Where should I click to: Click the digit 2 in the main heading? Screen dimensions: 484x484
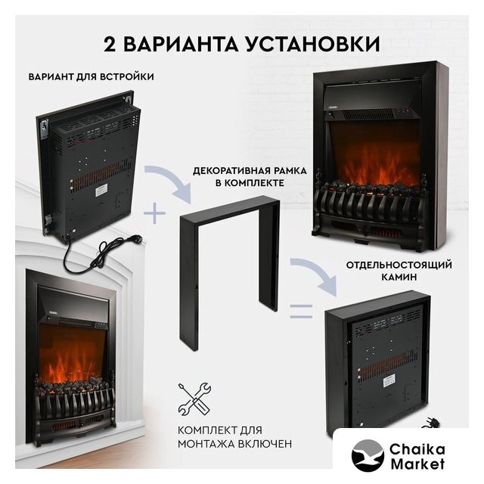(110, 44)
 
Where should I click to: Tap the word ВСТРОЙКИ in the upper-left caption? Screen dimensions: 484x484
(126, 76)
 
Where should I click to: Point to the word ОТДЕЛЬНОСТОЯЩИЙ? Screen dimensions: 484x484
(399, 265)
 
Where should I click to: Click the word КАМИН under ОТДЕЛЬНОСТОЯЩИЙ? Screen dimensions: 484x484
(399, 277)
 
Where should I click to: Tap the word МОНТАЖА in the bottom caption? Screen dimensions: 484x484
(206, 444)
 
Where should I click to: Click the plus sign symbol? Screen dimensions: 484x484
(154, 213)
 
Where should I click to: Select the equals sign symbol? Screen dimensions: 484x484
(301, 311)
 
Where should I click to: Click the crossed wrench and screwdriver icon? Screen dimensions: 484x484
(194, 399)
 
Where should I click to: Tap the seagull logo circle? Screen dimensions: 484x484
(368, 455)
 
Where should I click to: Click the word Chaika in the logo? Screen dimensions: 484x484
(417, 449)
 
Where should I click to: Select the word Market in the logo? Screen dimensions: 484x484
(417, 464)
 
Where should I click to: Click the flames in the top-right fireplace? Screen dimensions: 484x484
(374, 166)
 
